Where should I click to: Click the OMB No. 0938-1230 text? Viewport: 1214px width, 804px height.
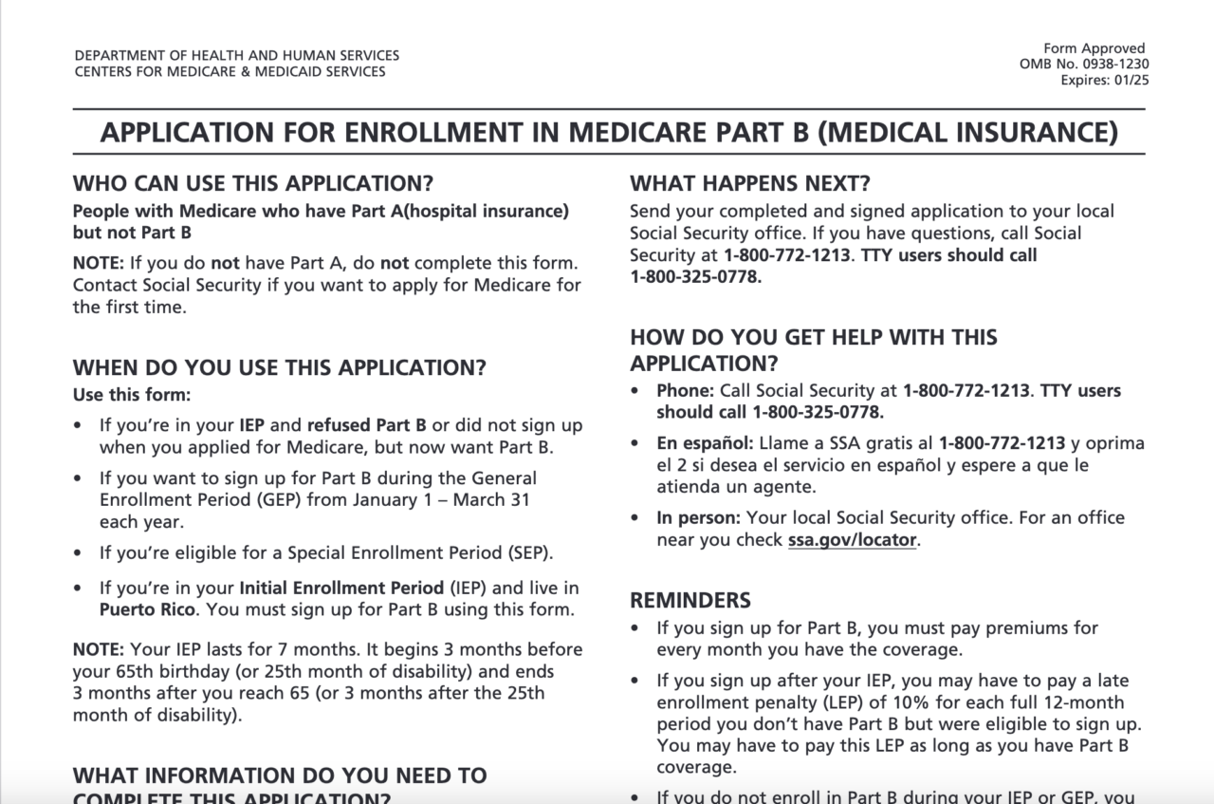1083,64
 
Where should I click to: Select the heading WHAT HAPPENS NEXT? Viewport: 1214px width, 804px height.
750,184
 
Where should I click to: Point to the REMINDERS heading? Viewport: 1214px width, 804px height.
690,600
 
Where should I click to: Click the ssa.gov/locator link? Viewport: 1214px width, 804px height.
852,540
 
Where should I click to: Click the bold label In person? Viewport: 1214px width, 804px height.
699,518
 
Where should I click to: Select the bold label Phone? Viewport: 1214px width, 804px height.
685,390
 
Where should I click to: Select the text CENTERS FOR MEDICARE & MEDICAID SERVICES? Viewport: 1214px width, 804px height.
230,71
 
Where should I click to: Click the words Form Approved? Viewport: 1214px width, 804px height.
1094,48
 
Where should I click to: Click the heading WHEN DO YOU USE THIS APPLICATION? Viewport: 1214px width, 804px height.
280,368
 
